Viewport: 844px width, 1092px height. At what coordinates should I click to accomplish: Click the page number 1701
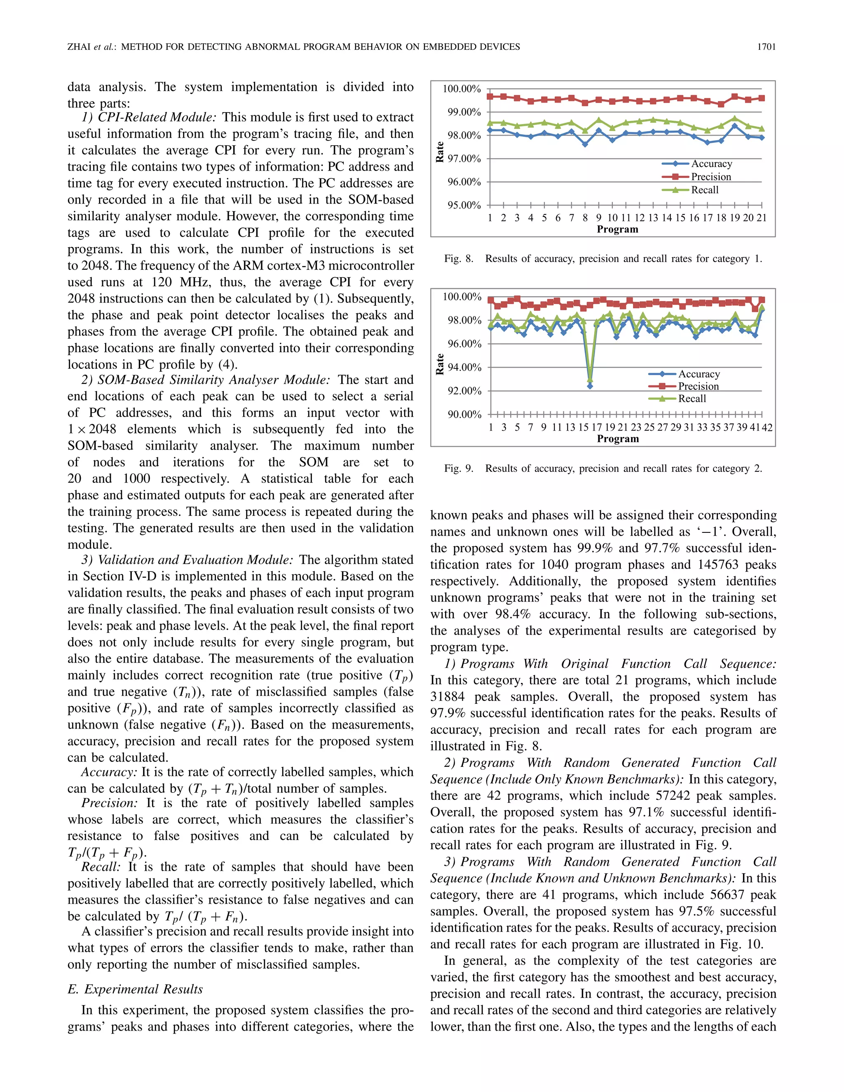point(766,47)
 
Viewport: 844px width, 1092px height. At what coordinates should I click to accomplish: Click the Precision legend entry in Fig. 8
point(710,177)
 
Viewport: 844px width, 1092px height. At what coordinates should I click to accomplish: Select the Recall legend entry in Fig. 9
point(692,399)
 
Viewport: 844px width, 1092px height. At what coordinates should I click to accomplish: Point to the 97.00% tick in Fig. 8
point(464,159)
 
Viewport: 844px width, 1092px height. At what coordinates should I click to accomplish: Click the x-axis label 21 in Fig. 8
point(762,218)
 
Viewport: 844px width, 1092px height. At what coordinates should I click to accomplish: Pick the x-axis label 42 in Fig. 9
point(767,427)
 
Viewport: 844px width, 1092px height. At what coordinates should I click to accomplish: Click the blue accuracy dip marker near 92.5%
point(590,386)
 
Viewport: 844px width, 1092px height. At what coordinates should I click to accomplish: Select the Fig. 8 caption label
point(459,259)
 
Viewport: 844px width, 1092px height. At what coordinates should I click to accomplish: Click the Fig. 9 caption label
point(459,469)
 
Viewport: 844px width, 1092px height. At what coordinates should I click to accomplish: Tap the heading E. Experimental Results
point(135,989)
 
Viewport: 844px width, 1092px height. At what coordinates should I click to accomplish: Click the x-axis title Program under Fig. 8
point(617,230)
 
